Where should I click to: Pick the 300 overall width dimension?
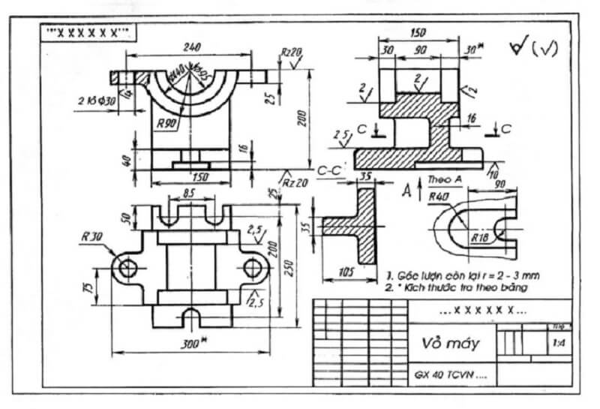pos(194,343)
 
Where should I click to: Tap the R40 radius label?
pos(439,197)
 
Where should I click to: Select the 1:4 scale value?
pos(558,344)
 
